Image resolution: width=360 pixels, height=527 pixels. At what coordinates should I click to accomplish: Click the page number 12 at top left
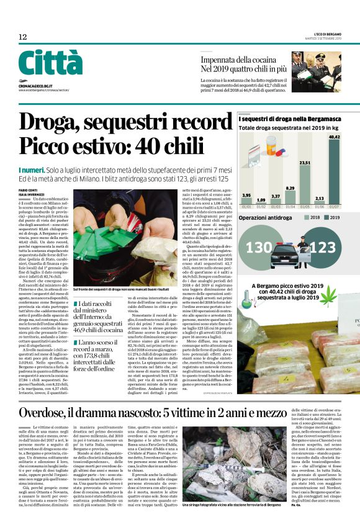pos(22,37)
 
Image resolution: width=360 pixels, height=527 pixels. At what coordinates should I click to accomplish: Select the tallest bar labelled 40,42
pos(335,168)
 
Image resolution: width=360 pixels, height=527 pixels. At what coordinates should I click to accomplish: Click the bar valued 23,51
pos(305,182)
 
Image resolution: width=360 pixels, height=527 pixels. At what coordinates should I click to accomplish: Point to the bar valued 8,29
pos(290,196)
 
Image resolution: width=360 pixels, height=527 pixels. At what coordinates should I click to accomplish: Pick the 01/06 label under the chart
pos(320,207)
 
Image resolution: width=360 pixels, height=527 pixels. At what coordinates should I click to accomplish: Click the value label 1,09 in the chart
pos(261,200)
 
